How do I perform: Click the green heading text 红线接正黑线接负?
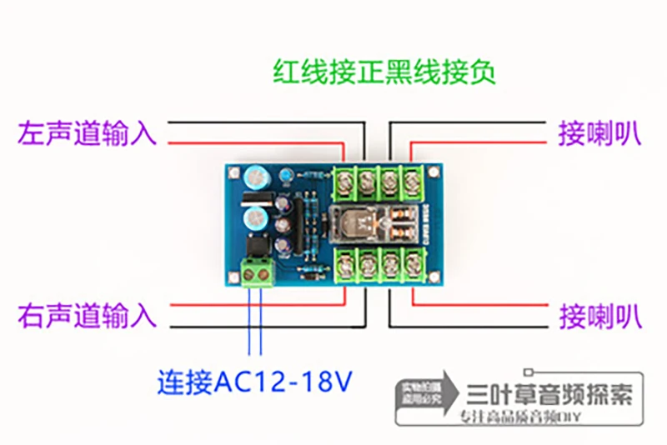(x=384, y=72)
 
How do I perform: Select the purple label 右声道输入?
(x=87, y=316)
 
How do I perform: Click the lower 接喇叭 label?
(x=599, y=316)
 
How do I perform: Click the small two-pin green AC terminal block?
(x=258, y=272)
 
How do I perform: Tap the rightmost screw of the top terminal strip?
(x=412, y=178)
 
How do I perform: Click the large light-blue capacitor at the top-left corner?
(x=253, y=177)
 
